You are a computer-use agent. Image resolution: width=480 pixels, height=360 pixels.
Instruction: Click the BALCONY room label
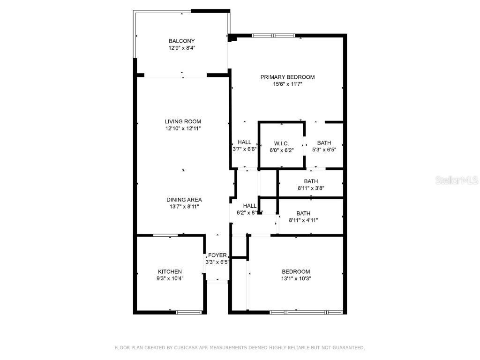coord(182,41)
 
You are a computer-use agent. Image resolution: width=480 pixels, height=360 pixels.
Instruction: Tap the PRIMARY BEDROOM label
coord(287,77)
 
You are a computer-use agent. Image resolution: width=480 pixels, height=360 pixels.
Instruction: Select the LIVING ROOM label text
coord(182,121)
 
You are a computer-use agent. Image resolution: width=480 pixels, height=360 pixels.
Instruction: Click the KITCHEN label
coord(170,272)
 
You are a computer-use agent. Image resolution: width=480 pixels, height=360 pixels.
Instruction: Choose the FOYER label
coord(217,255)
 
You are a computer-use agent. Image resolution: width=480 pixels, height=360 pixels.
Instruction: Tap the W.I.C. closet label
coord(281,143)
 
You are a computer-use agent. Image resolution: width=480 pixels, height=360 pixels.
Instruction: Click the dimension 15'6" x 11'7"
coord(287,84)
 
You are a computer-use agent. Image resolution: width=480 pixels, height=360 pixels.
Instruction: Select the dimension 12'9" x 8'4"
coord(182,48)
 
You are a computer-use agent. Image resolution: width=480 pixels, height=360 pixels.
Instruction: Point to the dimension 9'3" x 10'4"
coord(170,278)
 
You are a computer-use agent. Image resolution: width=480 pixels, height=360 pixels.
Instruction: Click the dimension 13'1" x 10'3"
coord(296,278)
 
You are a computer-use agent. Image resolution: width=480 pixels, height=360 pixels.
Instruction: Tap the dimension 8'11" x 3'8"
coord(311,188)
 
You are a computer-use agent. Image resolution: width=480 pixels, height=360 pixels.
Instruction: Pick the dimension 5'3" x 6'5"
coord(324,150)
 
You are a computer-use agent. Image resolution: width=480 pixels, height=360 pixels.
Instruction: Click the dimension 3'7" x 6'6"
coord(244,150)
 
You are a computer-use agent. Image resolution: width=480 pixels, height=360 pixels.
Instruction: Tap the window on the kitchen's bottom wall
coord(188,312)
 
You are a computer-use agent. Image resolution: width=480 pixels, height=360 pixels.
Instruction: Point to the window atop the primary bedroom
coord(273,35)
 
